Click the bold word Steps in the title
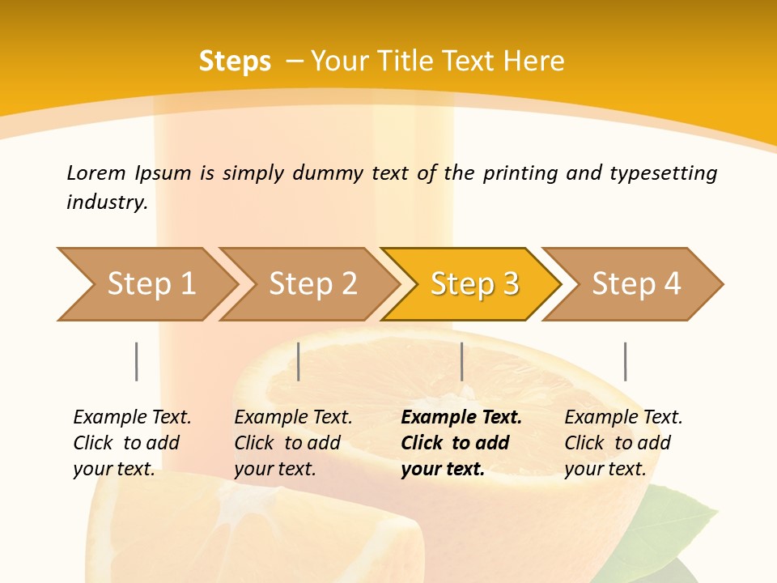[235, 61]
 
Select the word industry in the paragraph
[106, 202]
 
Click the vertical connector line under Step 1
[137, 361]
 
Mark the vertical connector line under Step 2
[299, 361]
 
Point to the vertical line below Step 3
[461, 361]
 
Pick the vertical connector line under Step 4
[625, 361]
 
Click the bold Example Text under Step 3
[461, 418]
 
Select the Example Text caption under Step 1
[132, 418]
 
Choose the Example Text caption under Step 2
[293, 418]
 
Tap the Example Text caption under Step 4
[623, 418]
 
